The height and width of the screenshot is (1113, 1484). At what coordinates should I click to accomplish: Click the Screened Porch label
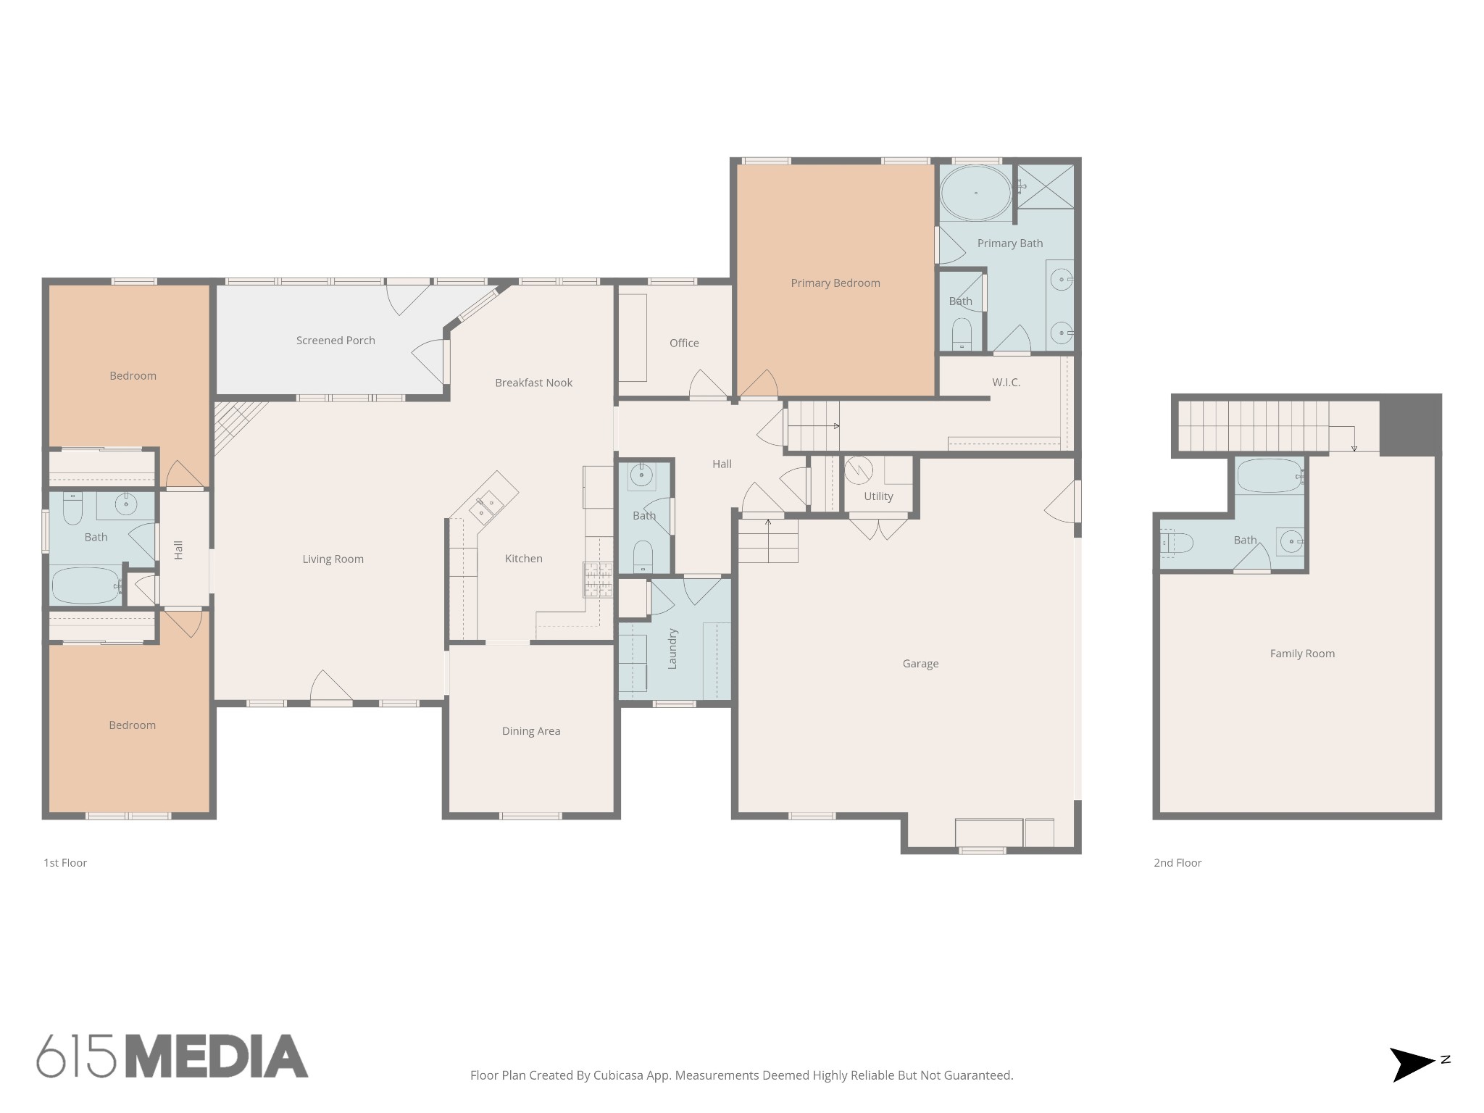335,341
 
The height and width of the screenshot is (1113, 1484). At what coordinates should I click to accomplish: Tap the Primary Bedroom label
835,283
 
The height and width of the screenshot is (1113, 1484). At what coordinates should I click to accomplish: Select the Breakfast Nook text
534,383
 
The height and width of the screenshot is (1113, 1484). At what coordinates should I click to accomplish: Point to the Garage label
920,664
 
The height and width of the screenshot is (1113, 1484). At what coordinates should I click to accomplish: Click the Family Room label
1302,654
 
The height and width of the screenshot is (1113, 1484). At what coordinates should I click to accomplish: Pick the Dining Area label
531,731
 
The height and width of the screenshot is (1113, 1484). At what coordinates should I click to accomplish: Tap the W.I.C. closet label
1006,383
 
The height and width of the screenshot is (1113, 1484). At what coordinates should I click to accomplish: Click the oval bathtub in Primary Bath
975,193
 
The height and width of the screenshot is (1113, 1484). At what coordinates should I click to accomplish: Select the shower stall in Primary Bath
1044,187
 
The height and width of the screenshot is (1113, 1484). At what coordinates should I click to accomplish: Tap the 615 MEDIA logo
172,1056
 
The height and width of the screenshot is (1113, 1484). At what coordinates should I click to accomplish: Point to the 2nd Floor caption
1177,863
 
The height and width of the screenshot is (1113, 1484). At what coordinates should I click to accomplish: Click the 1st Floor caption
65,863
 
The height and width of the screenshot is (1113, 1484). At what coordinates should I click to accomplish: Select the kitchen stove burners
599,580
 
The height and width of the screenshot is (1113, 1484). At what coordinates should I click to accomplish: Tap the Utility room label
878,496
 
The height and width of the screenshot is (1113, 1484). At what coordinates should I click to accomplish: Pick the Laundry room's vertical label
672,649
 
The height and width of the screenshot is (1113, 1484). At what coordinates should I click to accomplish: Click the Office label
684,343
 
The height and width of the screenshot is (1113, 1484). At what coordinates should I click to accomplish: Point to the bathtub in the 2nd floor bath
1270,477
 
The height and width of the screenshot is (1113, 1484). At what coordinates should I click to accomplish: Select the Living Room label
333,559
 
